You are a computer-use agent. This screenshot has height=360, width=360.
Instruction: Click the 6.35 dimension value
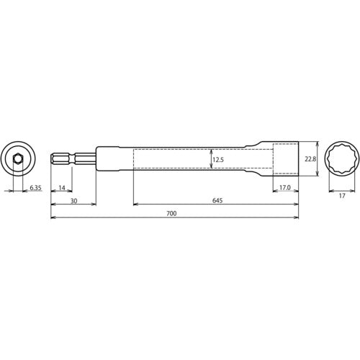click(x=35, y=189)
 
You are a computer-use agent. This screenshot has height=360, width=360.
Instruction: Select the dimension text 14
click(x=63, y=189)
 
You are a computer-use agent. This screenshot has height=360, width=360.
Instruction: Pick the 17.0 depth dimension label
click(x=284, y=189)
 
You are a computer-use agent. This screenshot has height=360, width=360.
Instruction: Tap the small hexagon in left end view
click(x=18, y=158)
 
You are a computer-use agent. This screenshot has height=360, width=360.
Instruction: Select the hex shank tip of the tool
click(x=59, y=158)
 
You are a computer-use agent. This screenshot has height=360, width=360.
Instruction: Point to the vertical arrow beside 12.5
click(x=210, y=158)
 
